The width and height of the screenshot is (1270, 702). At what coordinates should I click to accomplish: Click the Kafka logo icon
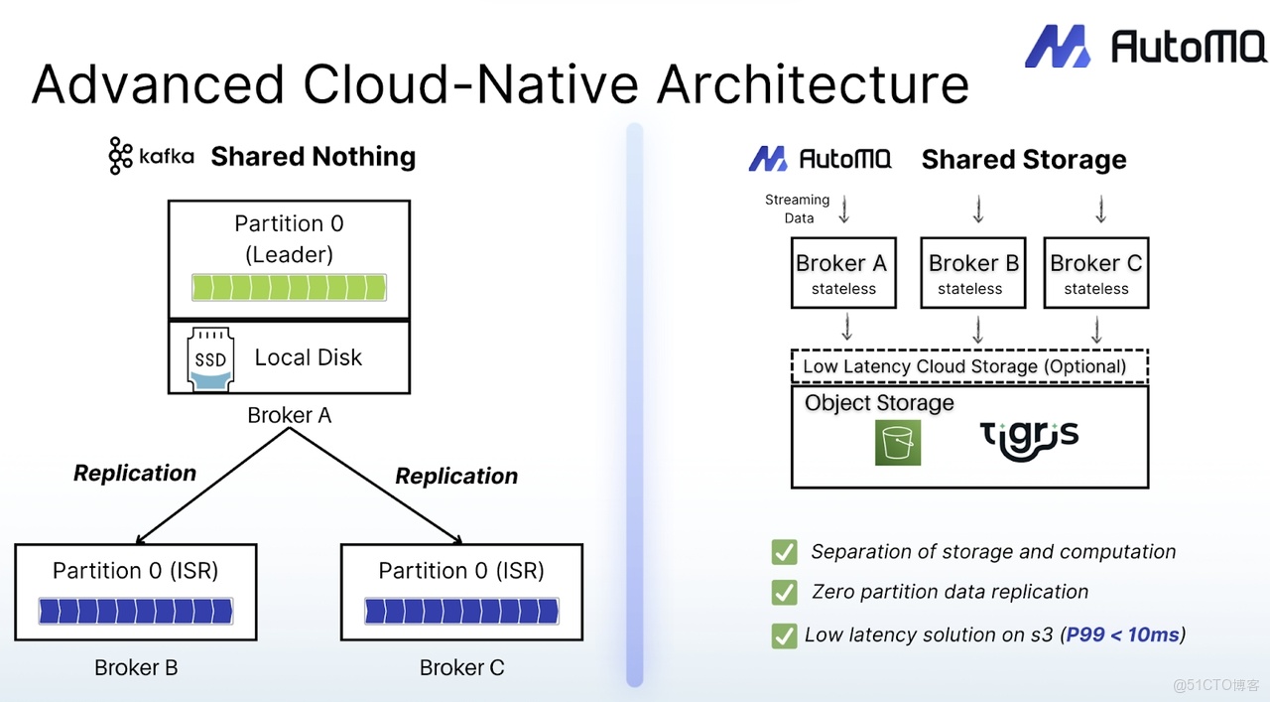coord(120,156)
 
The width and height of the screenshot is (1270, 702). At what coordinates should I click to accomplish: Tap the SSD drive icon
coord(210,359)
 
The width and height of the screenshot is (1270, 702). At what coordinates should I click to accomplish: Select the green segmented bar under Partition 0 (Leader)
coord(289,287)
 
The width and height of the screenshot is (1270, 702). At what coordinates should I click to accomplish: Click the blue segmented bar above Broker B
coord(136,612)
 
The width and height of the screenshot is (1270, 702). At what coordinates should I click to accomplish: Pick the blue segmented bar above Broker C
coord(461,612)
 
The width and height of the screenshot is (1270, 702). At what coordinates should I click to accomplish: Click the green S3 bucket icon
coord(898,443)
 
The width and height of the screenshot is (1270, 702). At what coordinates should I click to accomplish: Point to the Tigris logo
coord(1029,441)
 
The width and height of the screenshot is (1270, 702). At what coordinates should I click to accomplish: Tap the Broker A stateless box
coord(843,273)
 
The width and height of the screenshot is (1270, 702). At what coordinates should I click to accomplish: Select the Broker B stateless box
coord(973,273)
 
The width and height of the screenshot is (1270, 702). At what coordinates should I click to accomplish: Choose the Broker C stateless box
coord(1096,273)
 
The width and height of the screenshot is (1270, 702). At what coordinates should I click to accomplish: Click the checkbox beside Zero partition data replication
coord(784,593)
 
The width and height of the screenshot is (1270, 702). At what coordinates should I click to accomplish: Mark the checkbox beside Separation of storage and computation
coord(784,552)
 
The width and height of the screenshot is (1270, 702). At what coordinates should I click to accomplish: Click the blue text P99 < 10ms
coord(1122,634)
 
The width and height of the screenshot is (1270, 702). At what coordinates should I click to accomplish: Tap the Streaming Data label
coord(797,209)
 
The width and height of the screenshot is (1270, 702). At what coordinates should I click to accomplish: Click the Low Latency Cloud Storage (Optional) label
coord(964,366)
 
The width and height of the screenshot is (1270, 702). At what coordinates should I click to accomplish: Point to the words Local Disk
coord(308,357)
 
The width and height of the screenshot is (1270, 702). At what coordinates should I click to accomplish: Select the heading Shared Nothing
coord(314,157)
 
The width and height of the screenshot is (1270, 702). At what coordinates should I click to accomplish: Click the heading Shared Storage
coord(1024,160)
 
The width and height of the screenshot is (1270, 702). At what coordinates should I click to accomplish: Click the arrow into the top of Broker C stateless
coord(1101,209)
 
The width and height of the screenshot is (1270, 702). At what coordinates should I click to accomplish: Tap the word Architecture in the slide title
coord(814,84)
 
